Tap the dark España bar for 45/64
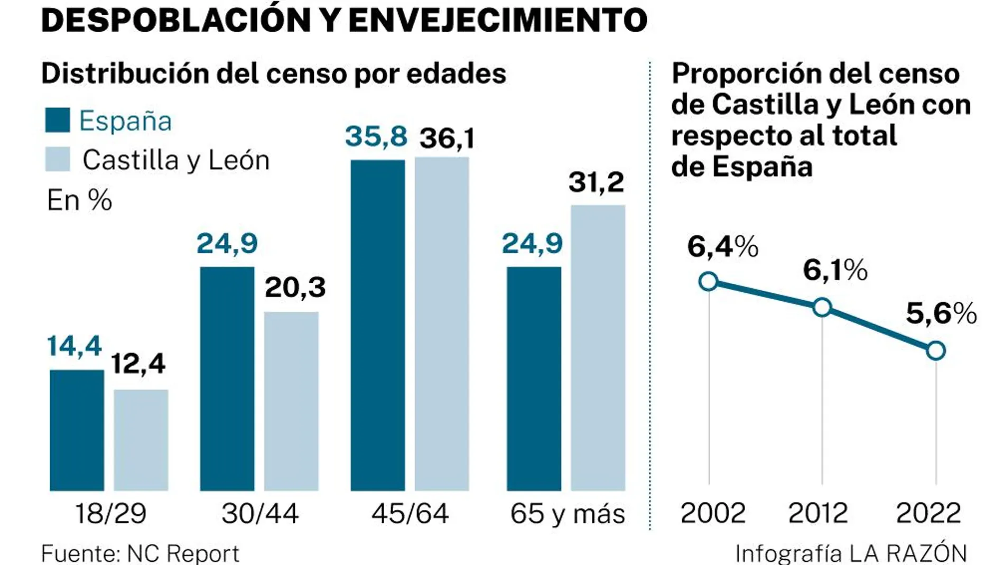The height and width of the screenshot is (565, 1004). (x=377, y=325)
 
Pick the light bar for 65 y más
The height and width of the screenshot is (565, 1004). (x=598, y=347)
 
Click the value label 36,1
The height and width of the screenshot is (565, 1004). (x=447, y=138)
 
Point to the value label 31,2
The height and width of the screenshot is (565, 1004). (x=596, y=182)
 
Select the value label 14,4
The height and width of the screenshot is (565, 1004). (x=74, y=346)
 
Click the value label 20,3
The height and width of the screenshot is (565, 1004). (x=295, y=288)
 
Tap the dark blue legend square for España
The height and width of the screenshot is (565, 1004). (x=57, y=120)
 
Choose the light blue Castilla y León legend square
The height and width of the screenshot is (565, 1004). (x=57, y=159)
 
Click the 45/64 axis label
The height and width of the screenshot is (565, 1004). (x=410, y=513)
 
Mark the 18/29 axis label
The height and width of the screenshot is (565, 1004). (x=110, y=513)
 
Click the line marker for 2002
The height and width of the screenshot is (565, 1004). (x=708, y=281)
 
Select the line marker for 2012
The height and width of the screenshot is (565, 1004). (x=822, y=307)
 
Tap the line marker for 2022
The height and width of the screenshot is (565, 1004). (x=936, y=350)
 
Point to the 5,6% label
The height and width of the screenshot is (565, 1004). (x=941, y=313)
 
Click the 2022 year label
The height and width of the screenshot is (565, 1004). (x=928, y=513)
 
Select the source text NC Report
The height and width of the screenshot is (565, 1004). (x=183, y=554)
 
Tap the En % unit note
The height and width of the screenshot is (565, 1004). (x=79, y=200)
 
